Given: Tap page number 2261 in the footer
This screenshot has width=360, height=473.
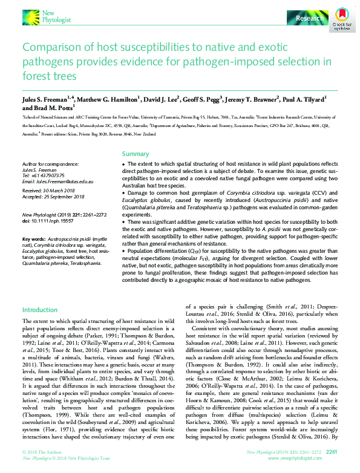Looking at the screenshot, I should (332, 451).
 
